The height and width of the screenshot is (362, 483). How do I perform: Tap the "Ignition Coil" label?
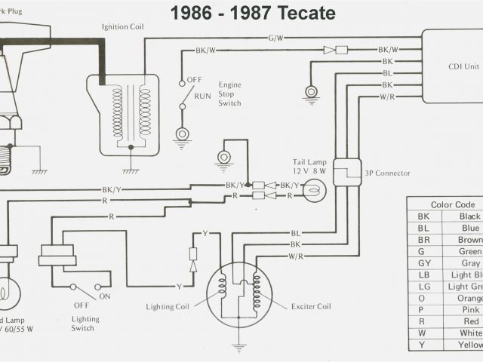[x=123, y=27]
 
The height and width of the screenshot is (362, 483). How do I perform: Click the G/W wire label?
[x=275, y=37]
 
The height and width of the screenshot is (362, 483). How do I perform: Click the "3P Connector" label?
[x=388, y=173]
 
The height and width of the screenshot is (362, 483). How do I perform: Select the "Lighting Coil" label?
[x=170, y=307]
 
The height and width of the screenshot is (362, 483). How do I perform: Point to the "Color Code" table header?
[x=453, y=204]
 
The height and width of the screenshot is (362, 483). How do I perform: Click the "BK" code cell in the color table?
[x=423, y=216]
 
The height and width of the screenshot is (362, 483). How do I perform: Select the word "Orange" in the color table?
[x=469, y=297]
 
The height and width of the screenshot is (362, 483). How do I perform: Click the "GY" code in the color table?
[x=423, y=263]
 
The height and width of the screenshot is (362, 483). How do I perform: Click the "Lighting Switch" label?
[x=83, y=322]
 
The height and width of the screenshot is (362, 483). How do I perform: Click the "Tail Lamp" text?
[x=309, y=162]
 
